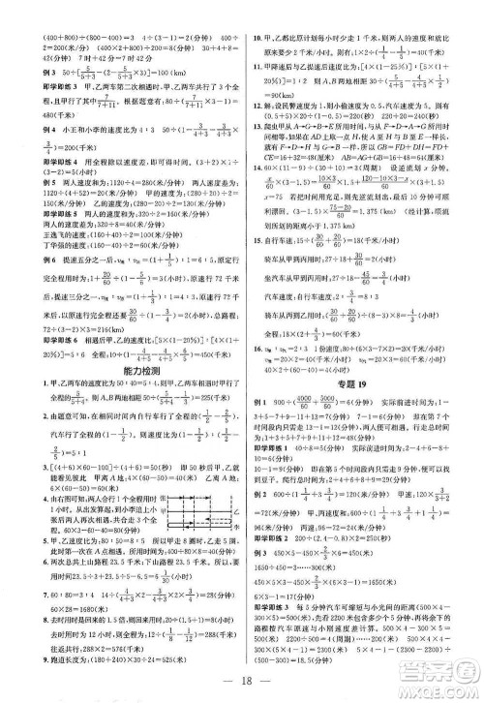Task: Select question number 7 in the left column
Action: click(x=11, y=597)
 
